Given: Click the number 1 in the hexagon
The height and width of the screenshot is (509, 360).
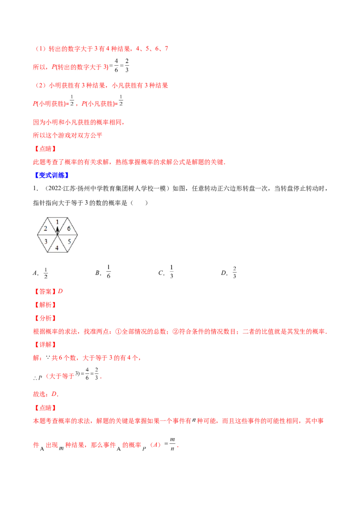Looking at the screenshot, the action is pyautogui.click(x=57, y=221).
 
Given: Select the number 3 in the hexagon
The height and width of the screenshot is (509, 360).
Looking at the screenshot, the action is pyautogui.click(x=46, y=241).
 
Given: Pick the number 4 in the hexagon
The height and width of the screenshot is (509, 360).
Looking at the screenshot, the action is pyautogui.click(x=57, y=248).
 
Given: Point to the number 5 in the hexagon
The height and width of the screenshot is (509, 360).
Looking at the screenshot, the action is pyautogui.click(x=68, y=241).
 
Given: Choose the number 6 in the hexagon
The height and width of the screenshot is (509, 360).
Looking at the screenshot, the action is pyautogui.click(x=68, y=229).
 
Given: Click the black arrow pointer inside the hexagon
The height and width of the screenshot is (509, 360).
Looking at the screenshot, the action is pyautogui.click(x=57, y=229).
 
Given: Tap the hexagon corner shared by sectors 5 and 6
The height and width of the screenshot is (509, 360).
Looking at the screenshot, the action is pyautogui.click(x=77, y=235).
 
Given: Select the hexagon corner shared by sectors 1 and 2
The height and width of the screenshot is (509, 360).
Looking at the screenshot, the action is pyautogui.click(x=47, y=218).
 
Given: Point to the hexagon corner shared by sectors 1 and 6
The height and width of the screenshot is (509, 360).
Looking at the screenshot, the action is pyautogui.click(x=67, y=218).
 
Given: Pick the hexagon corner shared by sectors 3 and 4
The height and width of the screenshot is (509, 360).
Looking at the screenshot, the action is pyautogui.click(x=47, y=252).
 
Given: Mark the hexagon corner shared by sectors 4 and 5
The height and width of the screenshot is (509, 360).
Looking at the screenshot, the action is pyautogui.click(x=67, y=252).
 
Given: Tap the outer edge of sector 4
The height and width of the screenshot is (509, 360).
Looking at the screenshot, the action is pyautogui.click(x=57, y=252).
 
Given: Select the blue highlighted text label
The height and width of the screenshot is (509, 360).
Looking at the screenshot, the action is pyautogui.click(x=52, y=176).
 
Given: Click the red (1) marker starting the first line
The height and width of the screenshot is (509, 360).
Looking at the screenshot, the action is pyautogui.click(x=41, y=49).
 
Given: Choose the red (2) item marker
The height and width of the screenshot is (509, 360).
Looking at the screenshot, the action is pyautogui.click(x=41, y=85).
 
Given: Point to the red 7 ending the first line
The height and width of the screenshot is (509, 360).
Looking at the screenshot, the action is pyautogui.click(x=167, y=49).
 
